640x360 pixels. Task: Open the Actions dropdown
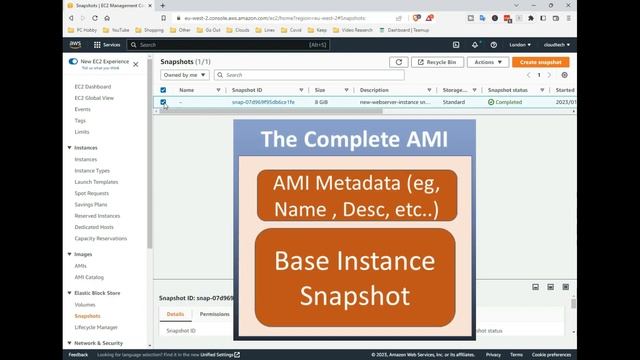pos(487,62)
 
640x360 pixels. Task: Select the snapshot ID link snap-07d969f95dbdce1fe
pos(263,102)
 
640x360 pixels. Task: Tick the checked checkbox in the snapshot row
pos(163,102)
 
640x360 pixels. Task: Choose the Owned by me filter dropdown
pos(185,75)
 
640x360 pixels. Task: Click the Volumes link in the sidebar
pos(85,304)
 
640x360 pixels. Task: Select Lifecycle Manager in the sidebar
pos(96,327)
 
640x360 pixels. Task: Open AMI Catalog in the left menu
pos(90,277)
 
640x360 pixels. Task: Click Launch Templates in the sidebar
pos(96,181)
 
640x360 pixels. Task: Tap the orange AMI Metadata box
pos(355,195)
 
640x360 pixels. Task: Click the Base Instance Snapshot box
pos(355,279)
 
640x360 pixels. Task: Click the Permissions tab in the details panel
pos(214,314)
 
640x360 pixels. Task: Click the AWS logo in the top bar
pos(75,45)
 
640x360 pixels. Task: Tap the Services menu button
pos(107,45)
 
